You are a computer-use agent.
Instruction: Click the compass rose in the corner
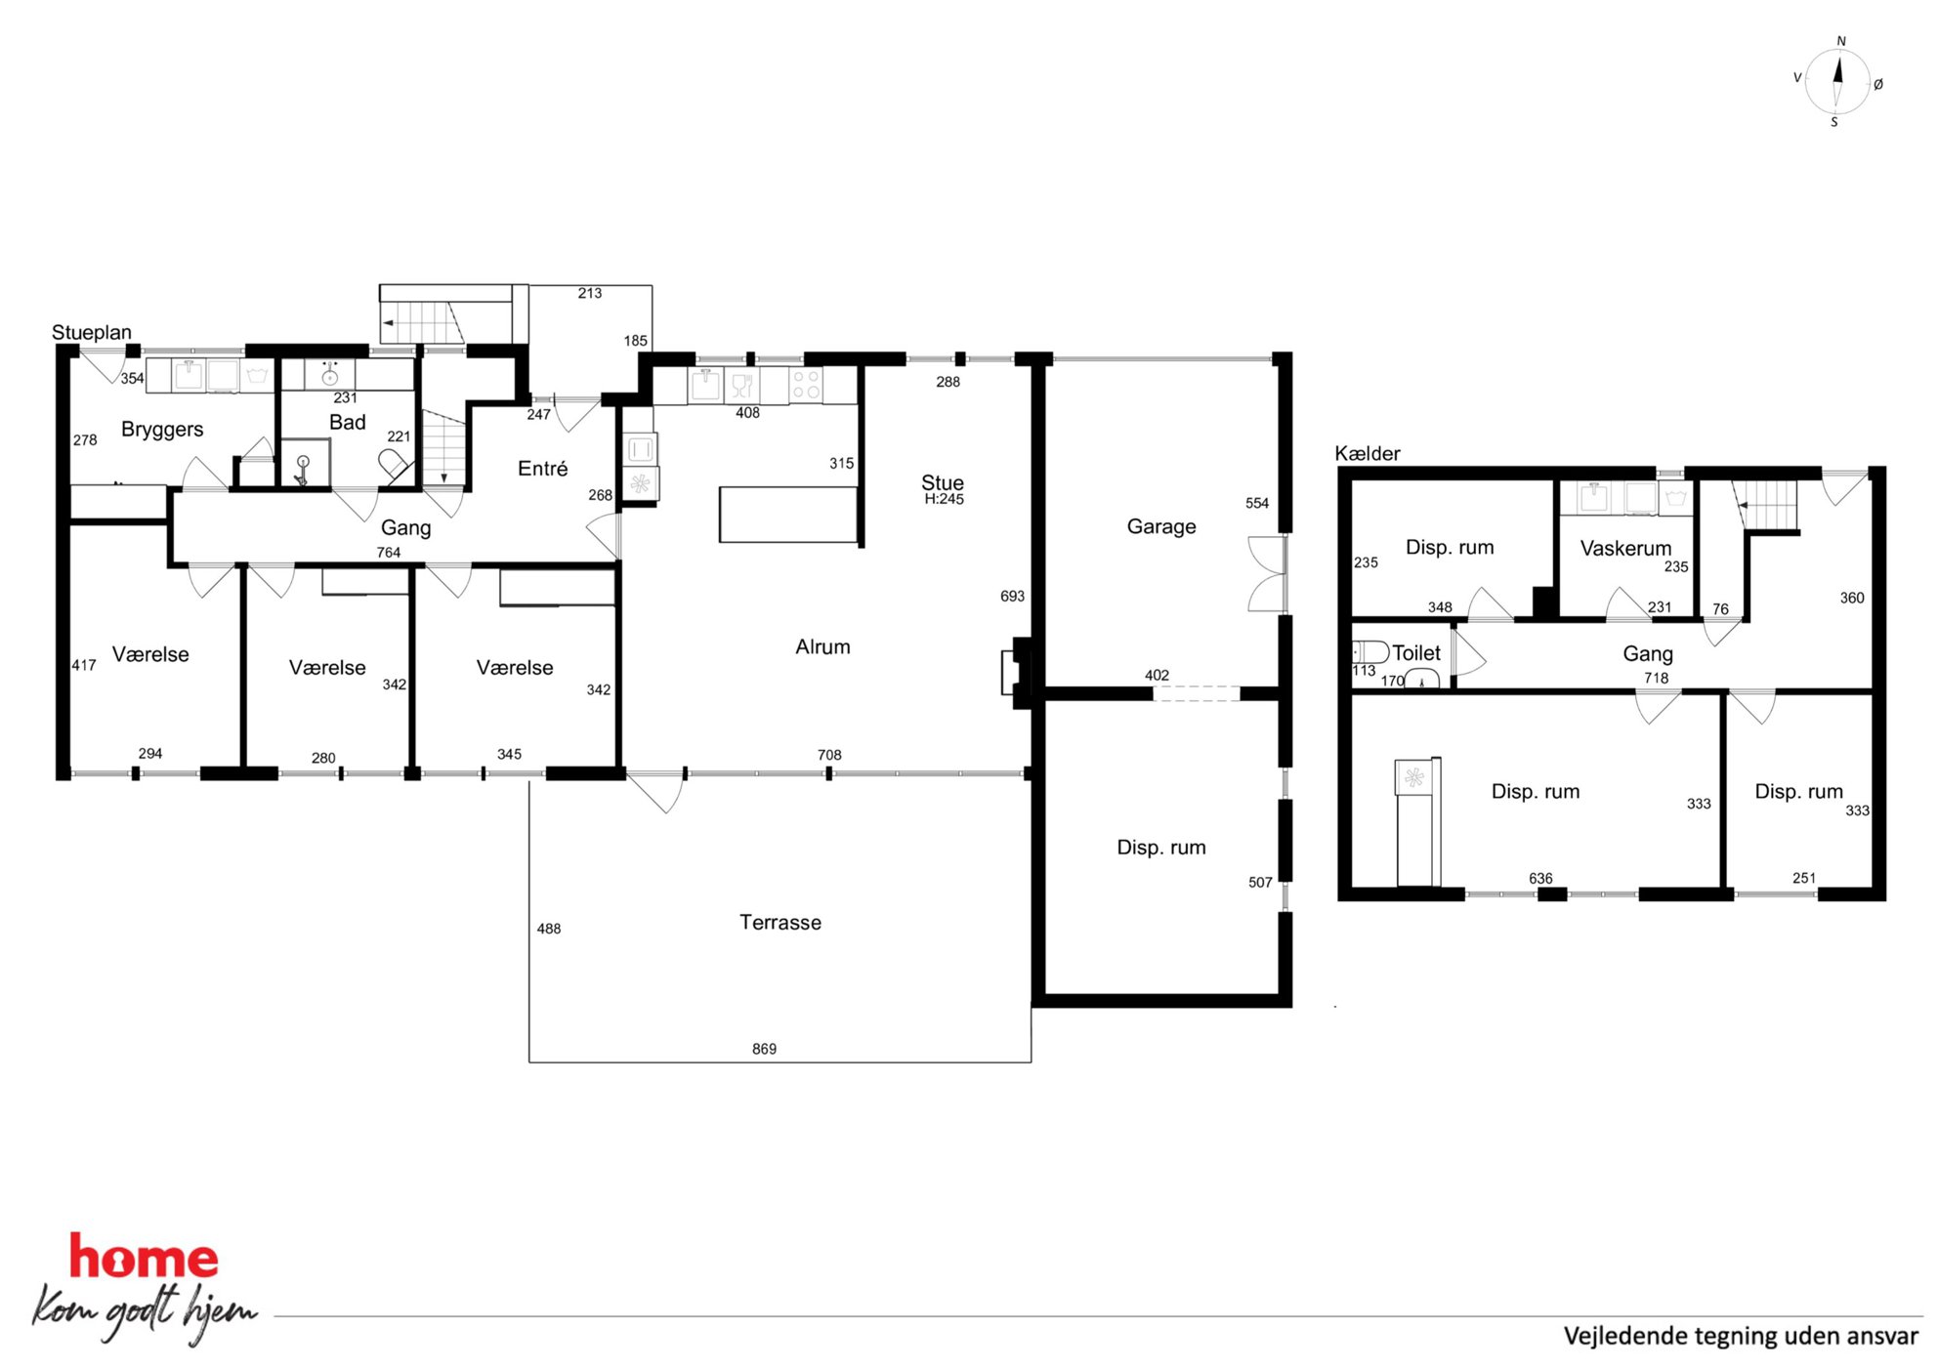[1837, 82]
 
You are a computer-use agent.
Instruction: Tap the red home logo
[144, 1258]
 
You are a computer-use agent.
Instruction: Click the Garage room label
[1161, 527]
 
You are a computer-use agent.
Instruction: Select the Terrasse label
[780, 922]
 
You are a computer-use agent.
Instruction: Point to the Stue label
[943, 482]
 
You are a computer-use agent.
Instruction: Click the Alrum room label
[822, 646]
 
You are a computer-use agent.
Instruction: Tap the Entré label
[542, 469]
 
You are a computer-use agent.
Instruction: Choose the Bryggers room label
[162, 430]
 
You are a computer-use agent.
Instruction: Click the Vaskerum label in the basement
[1625, 548]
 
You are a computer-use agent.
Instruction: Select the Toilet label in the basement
[1416, 652]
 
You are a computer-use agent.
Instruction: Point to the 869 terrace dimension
[764, 1049]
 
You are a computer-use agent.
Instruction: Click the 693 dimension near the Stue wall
[1012, 596]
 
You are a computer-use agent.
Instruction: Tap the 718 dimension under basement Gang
[1656, 678]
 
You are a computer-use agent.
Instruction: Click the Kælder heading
[1368, 453]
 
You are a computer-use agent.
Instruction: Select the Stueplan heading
[92, 332]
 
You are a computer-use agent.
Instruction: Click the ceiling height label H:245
[944, 499]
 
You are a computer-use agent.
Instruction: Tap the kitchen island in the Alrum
[788, 515]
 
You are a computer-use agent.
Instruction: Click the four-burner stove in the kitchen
[806, 385]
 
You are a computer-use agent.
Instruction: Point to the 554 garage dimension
[1257, 503]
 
